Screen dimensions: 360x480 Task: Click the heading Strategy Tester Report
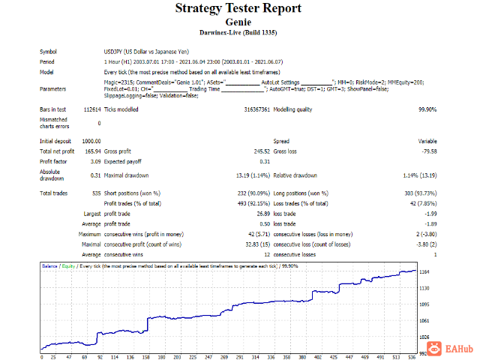[238, 9]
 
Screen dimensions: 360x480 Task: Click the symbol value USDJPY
[115, 51]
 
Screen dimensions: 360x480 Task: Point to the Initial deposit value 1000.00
[91, 141]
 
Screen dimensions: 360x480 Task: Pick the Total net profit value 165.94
[91, 151]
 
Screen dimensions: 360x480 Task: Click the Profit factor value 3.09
[94, 161]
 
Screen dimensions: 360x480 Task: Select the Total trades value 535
[95, 193]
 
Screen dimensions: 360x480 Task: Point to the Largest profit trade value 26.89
[261, 214]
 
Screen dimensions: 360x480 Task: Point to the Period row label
[46, 61]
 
